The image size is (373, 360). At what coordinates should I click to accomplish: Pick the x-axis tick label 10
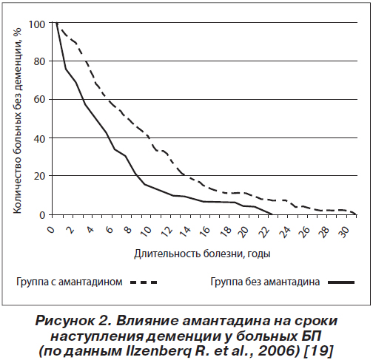point(147,231)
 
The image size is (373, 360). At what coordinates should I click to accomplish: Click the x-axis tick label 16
point(204,231)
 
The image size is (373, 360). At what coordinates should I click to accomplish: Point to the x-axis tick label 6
point(109,230)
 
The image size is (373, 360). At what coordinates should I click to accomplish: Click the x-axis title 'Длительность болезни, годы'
point(202,254)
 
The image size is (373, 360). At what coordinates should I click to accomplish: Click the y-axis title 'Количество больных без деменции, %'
point(17,120)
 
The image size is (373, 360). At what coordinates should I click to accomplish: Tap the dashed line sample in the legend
point(144,282)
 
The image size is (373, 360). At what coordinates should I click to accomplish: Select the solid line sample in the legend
point(341,282)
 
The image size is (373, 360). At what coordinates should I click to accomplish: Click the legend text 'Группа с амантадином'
point(70,282)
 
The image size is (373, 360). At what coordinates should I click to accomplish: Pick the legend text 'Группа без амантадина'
point(265,282)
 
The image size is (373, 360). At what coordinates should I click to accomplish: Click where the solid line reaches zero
point(272,214)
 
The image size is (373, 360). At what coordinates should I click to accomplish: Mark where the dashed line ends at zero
point(356,214)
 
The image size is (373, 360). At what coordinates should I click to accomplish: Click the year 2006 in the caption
point(278,351)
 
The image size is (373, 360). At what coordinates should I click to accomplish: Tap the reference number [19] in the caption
point(319,351)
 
